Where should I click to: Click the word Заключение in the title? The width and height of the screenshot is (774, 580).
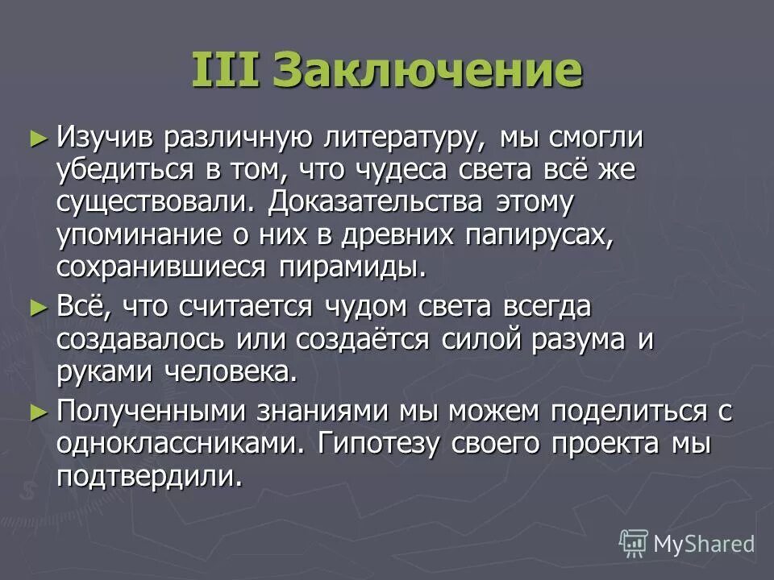point(427,71)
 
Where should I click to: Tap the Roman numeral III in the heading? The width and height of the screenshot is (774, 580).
point(225,71)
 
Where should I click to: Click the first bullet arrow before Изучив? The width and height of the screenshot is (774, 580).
point(35,137)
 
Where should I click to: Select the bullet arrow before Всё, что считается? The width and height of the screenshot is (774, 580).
point(35,306)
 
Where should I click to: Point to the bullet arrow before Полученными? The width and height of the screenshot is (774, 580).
point(35,411)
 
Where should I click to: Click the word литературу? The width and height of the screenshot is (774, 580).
point(394,138)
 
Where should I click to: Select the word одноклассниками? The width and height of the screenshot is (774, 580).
point(181,444)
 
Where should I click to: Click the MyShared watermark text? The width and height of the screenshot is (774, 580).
point(704,544)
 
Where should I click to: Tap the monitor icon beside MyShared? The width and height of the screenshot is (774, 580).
point(634,544)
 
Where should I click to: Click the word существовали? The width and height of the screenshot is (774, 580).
point(154,202)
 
